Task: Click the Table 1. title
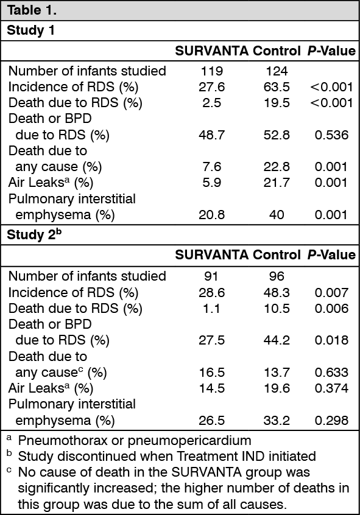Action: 32,10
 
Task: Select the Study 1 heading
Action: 31,30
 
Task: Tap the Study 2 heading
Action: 34,234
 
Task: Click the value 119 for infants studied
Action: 211,71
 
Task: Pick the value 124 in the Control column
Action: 277,71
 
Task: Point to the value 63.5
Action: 277,87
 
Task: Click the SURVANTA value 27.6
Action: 212,87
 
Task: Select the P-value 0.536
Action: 331,135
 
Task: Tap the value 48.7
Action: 212,135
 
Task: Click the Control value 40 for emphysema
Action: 277,215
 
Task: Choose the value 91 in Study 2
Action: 211,276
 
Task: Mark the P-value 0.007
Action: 331,293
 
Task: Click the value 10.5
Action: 277,309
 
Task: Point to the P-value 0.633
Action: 331,373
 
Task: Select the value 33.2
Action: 277,421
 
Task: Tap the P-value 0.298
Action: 331,421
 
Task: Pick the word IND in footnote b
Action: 254,456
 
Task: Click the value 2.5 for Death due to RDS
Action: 212,103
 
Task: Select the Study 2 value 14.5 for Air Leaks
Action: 212,388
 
